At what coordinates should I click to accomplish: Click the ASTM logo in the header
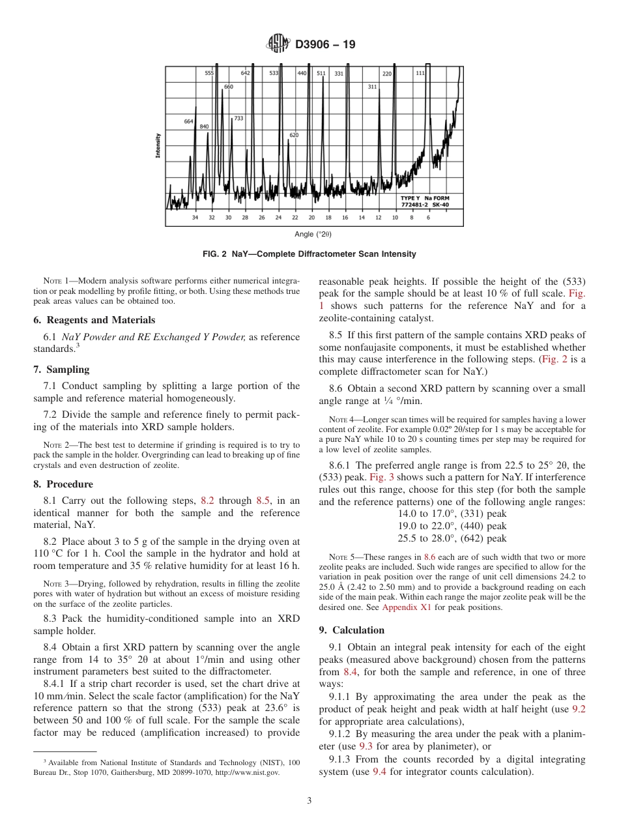pyautogui.click(x=279, y=45)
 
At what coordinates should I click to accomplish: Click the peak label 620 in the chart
pyautogui.click(x=294, y=135)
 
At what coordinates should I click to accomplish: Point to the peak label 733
pyautogui.click(x=238, y=118)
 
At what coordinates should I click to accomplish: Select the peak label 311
pyautogui.click(x=372, y=87)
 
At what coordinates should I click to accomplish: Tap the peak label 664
pyautogui.click(x=188, y=121)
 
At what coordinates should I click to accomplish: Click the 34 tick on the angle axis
pyautogui.click(x=195, y=218)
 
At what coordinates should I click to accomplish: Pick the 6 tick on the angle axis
pyautogui.click(x=428, y=218)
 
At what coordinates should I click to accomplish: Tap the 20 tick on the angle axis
pyautogui.click(x=311, y=218)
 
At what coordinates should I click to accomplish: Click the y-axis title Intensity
pyautogui.click(x=158, y=145)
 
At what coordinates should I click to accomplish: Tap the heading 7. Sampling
pyautogui.click(x=61, y=370)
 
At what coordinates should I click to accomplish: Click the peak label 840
pyautogui.click(x=205, y=126)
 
